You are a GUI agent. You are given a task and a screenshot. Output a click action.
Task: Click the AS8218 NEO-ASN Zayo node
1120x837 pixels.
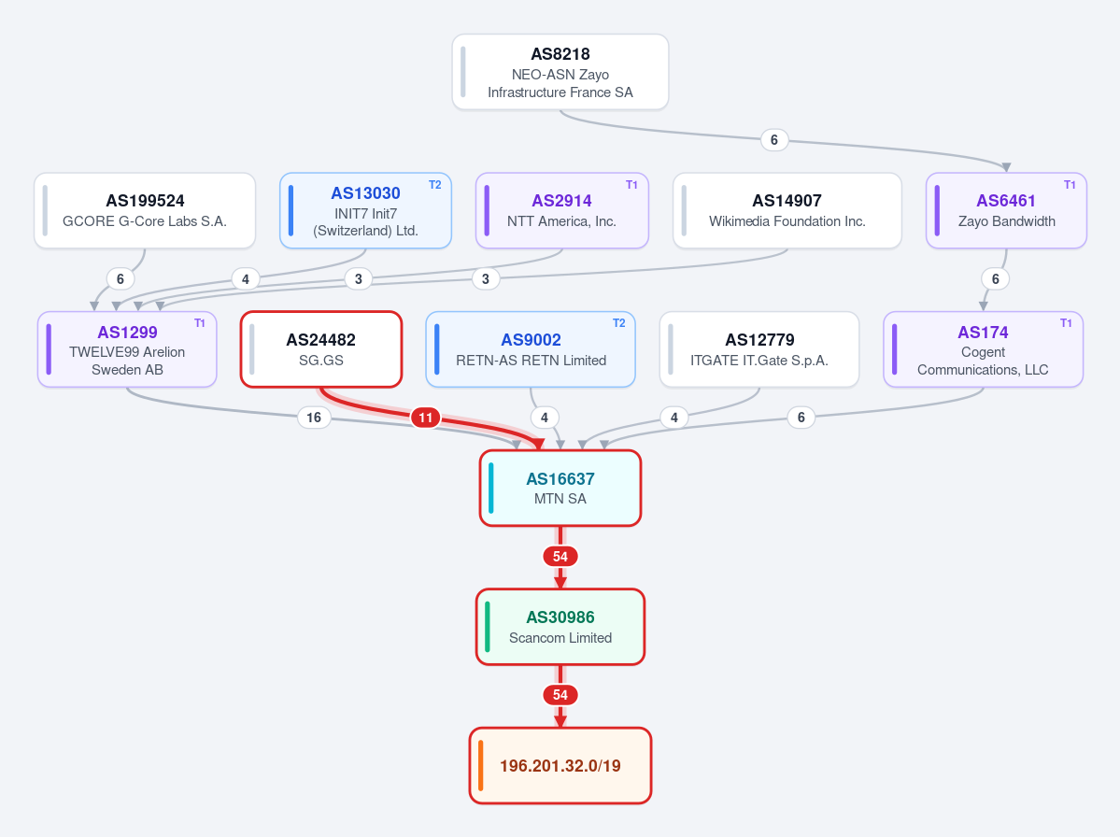coord(560,72)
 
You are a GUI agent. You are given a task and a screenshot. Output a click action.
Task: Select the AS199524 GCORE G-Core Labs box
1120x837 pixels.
coord(144,211)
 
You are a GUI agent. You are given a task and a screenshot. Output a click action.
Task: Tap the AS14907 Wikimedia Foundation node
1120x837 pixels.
coord(787,211)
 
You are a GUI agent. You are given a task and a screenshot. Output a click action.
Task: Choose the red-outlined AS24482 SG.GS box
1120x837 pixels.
coord(321,349)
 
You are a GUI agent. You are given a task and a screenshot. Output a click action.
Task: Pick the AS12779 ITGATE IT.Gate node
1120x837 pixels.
coord(759,349)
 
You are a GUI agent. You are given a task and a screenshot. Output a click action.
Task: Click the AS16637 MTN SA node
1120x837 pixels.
coord(560,488)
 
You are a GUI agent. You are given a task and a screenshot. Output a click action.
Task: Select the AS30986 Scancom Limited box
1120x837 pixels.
coord(560,627)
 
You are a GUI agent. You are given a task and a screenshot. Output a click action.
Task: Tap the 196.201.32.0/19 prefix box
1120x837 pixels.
coord(560,766)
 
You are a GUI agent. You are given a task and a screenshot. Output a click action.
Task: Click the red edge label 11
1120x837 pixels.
coord(426,418)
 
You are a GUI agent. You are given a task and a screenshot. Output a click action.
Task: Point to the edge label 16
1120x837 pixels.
coord(314,418)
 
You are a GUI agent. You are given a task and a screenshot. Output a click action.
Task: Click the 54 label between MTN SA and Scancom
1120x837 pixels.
coord(560,557)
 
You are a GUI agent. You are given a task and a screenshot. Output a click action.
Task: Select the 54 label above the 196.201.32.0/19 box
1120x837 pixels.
coord(560,695)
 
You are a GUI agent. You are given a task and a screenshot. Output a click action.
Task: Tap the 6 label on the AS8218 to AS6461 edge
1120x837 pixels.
coord(774,140)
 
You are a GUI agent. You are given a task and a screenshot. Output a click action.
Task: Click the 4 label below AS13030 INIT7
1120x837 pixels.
coord(246,279)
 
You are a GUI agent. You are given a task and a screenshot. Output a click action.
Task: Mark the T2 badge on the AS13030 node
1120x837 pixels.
coord(435,185)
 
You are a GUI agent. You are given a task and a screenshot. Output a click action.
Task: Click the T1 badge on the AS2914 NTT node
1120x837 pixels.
coord(631,185)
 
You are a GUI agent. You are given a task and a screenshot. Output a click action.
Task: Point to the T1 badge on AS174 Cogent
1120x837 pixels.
coord(1066,323)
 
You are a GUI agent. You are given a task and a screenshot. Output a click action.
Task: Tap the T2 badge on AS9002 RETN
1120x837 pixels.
coord(618,323)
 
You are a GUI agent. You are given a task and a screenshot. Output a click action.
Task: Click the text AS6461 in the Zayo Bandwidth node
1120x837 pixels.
coord(1006,201)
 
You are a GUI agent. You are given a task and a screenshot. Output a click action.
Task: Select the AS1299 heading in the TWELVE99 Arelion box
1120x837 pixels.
coord(127,332)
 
